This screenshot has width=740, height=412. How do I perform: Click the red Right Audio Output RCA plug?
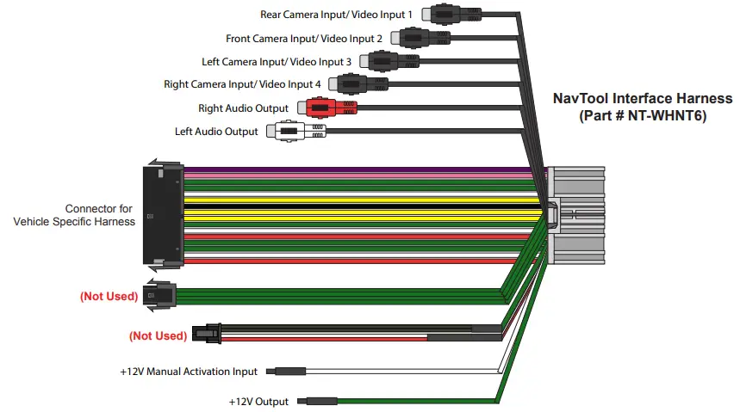(x=326, y=108)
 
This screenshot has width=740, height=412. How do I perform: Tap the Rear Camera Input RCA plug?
(x=447, y=15)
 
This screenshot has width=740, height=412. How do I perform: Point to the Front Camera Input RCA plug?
(x=415, y=38)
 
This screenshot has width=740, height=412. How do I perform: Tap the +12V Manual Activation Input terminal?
(x=286, y=372)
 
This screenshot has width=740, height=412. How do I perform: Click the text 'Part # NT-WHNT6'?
(x=642, y=115)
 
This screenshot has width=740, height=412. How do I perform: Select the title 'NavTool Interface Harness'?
(x=642, y=99)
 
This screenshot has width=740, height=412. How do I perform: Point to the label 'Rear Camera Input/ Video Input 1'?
(x=336, y=15)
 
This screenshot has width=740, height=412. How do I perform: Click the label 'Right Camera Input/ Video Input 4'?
(x=242, y=84)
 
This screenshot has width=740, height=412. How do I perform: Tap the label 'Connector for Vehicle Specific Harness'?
(x=74, y=215)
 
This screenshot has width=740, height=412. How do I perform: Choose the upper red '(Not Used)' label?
(x=109, y=297)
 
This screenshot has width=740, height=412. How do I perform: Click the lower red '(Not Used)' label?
(x=158, y=335)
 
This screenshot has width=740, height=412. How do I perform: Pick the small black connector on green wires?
(x=161, y=292)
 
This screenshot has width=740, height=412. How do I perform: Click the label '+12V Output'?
(x=259, y=402)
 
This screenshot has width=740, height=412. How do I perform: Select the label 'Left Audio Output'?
(x=216, y=132)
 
